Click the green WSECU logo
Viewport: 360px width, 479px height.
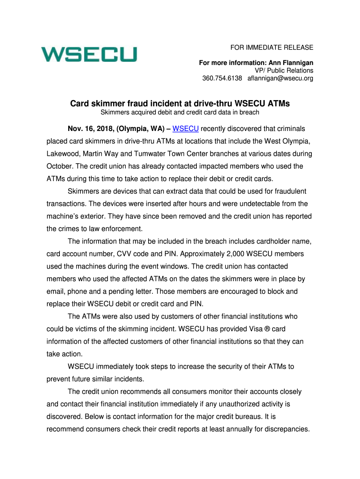pos(89,54)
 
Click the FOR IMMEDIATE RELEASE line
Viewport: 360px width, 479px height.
pos(272,48)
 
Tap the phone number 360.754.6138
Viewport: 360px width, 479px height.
pos(222,78)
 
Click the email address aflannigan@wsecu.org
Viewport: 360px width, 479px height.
pos(280,78)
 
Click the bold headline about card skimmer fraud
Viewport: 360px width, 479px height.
pos(180,103)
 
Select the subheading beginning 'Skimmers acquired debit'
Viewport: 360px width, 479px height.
pos(180,112)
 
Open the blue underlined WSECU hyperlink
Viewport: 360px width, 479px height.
pos(186,128)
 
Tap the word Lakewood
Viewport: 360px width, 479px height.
pos(64,153)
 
